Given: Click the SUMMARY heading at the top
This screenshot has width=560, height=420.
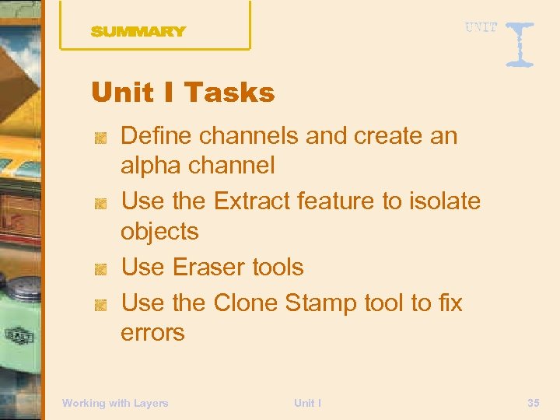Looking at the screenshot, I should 138,32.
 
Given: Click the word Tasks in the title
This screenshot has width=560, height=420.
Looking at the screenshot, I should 230,93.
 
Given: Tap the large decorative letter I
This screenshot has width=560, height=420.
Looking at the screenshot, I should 520,44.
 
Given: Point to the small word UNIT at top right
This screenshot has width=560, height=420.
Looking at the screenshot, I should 481,28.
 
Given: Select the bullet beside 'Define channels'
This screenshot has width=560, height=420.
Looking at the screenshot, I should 100,138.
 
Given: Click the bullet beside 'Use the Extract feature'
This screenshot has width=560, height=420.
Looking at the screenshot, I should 100,202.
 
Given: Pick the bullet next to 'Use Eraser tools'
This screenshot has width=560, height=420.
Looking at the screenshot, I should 100,269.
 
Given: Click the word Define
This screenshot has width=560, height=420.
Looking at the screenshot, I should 156,136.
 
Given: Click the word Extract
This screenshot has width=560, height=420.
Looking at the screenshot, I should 250,201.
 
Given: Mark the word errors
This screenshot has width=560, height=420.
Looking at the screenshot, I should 152,333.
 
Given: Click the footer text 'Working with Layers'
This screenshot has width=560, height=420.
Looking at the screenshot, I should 115,403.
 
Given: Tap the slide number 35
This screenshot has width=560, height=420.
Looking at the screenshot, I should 533,403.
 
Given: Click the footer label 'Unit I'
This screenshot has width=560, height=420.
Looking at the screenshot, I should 307,403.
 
